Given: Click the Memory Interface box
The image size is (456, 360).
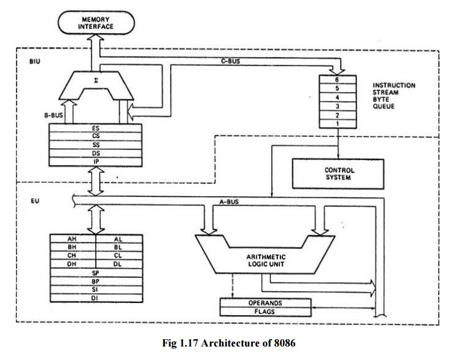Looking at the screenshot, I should coord(96,25).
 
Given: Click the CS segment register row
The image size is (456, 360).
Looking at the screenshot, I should coord(95,136).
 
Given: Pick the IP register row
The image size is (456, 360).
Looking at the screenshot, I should coord(95,160).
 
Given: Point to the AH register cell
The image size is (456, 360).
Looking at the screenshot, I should coord(71,239).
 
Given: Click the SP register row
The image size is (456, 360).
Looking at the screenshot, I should coord(95,271).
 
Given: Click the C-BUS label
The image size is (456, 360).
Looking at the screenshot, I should coord(230,63).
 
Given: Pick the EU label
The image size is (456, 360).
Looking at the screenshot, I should coord(26,201).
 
